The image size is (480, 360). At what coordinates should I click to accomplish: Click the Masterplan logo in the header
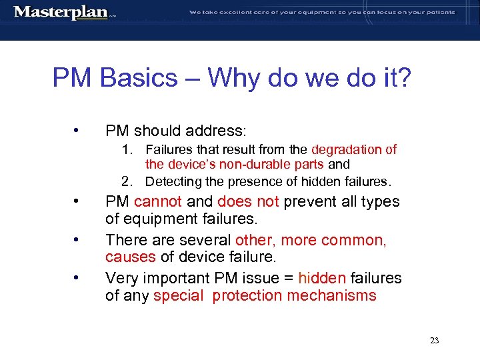tap(61, 12)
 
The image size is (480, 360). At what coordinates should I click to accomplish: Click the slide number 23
tap(434, 340)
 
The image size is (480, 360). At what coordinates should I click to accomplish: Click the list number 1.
tap(127, 149)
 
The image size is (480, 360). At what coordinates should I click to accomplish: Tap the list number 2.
tap(127, 181)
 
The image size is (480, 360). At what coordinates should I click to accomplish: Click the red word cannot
tap(158, 201)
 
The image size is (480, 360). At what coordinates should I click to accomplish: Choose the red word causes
tap(130, 257)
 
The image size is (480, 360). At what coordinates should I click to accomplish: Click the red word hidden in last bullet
tap(322, 278)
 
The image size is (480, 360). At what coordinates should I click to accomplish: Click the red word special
tap(177, 295)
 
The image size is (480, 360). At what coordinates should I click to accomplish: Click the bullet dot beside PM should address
tap(79, 129)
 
